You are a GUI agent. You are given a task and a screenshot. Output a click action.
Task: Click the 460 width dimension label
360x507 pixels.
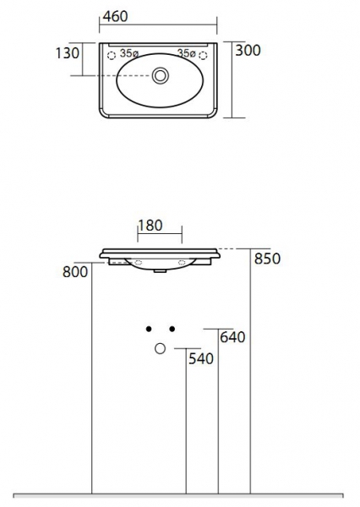click(x=115, y=17)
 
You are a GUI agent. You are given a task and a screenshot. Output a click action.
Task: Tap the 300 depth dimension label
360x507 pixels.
click(x=248, y=51)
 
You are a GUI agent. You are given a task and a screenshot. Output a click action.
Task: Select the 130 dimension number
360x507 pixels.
click(x=68, y=53)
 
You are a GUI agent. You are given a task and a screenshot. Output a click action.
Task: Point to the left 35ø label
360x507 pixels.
click(x=129, y=53)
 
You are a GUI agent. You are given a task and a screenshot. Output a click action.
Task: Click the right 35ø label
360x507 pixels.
click(x=186, y=53)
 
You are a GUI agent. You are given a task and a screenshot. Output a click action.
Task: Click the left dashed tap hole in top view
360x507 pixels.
click(x=112, y=56)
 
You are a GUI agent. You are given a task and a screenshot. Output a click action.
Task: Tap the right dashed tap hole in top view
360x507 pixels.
click(x=203, y=56)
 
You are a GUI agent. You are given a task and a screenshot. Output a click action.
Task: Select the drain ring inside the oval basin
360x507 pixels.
click(x=160, y=75)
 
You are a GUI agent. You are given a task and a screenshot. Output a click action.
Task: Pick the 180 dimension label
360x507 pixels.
click(x=150, y=226)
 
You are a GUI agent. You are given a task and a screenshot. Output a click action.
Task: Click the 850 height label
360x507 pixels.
click(x=267, y=259)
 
